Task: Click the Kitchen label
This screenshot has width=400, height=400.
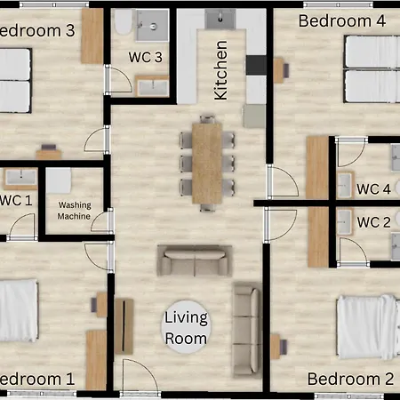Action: tap(220, 70)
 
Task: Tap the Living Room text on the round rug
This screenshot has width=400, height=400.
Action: tap(186, 328)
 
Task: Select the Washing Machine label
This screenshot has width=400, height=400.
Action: tap(75, 211)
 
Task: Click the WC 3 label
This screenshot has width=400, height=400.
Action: tap(146, 57)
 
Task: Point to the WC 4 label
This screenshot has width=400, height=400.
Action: tap(373, 189)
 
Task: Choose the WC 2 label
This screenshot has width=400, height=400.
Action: tap(373, 222)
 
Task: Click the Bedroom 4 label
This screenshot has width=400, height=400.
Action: tap(342, 21)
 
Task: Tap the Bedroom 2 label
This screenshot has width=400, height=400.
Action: tap(350, 379)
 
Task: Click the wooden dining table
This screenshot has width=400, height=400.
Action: tap(207, 164)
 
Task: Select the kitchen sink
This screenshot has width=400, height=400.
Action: tap(220, 19)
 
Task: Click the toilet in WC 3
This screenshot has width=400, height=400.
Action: tap(124, 21)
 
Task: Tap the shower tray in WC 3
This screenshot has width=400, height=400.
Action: tap(152, 25)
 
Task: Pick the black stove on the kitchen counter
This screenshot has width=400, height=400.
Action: tap(256, 65)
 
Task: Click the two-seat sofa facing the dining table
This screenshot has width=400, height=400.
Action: tap(195, 260)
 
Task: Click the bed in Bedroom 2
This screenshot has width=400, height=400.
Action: tap(368, 327)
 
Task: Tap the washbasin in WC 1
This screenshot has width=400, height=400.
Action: tap(20, 179)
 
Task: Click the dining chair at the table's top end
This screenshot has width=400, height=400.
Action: tap(207, 118)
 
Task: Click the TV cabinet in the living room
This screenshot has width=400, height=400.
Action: tap(124, 326)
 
